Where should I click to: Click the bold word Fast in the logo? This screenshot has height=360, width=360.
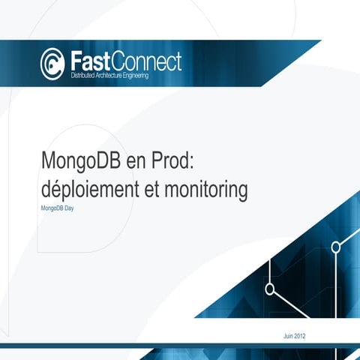(x=91, y=60)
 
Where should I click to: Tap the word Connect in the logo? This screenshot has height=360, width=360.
(x=146, y=60)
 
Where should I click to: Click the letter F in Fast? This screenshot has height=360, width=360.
(x=76, y=60)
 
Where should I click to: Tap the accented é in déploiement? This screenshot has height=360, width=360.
(x=58, y=190)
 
